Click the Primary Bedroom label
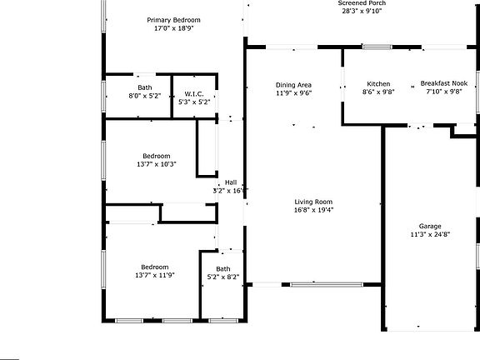[173, 20]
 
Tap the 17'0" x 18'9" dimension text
[173, 28]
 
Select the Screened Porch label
[362, 3]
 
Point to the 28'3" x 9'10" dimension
[362, 12]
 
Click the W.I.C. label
[194, 93]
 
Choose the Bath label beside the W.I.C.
[145, 87]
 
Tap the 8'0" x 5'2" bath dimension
[145, 96]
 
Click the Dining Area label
[293, 85]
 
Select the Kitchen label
[379, 84]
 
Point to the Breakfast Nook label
[443, 84]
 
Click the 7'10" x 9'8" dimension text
[443, 92]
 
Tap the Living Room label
[313, 202]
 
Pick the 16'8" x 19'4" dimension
[313, 210]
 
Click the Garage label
[430, 226]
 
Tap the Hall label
[231, 182]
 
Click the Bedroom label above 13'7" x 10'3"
[156, 156]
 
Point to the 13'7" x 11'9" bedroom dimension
[156, 275]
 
